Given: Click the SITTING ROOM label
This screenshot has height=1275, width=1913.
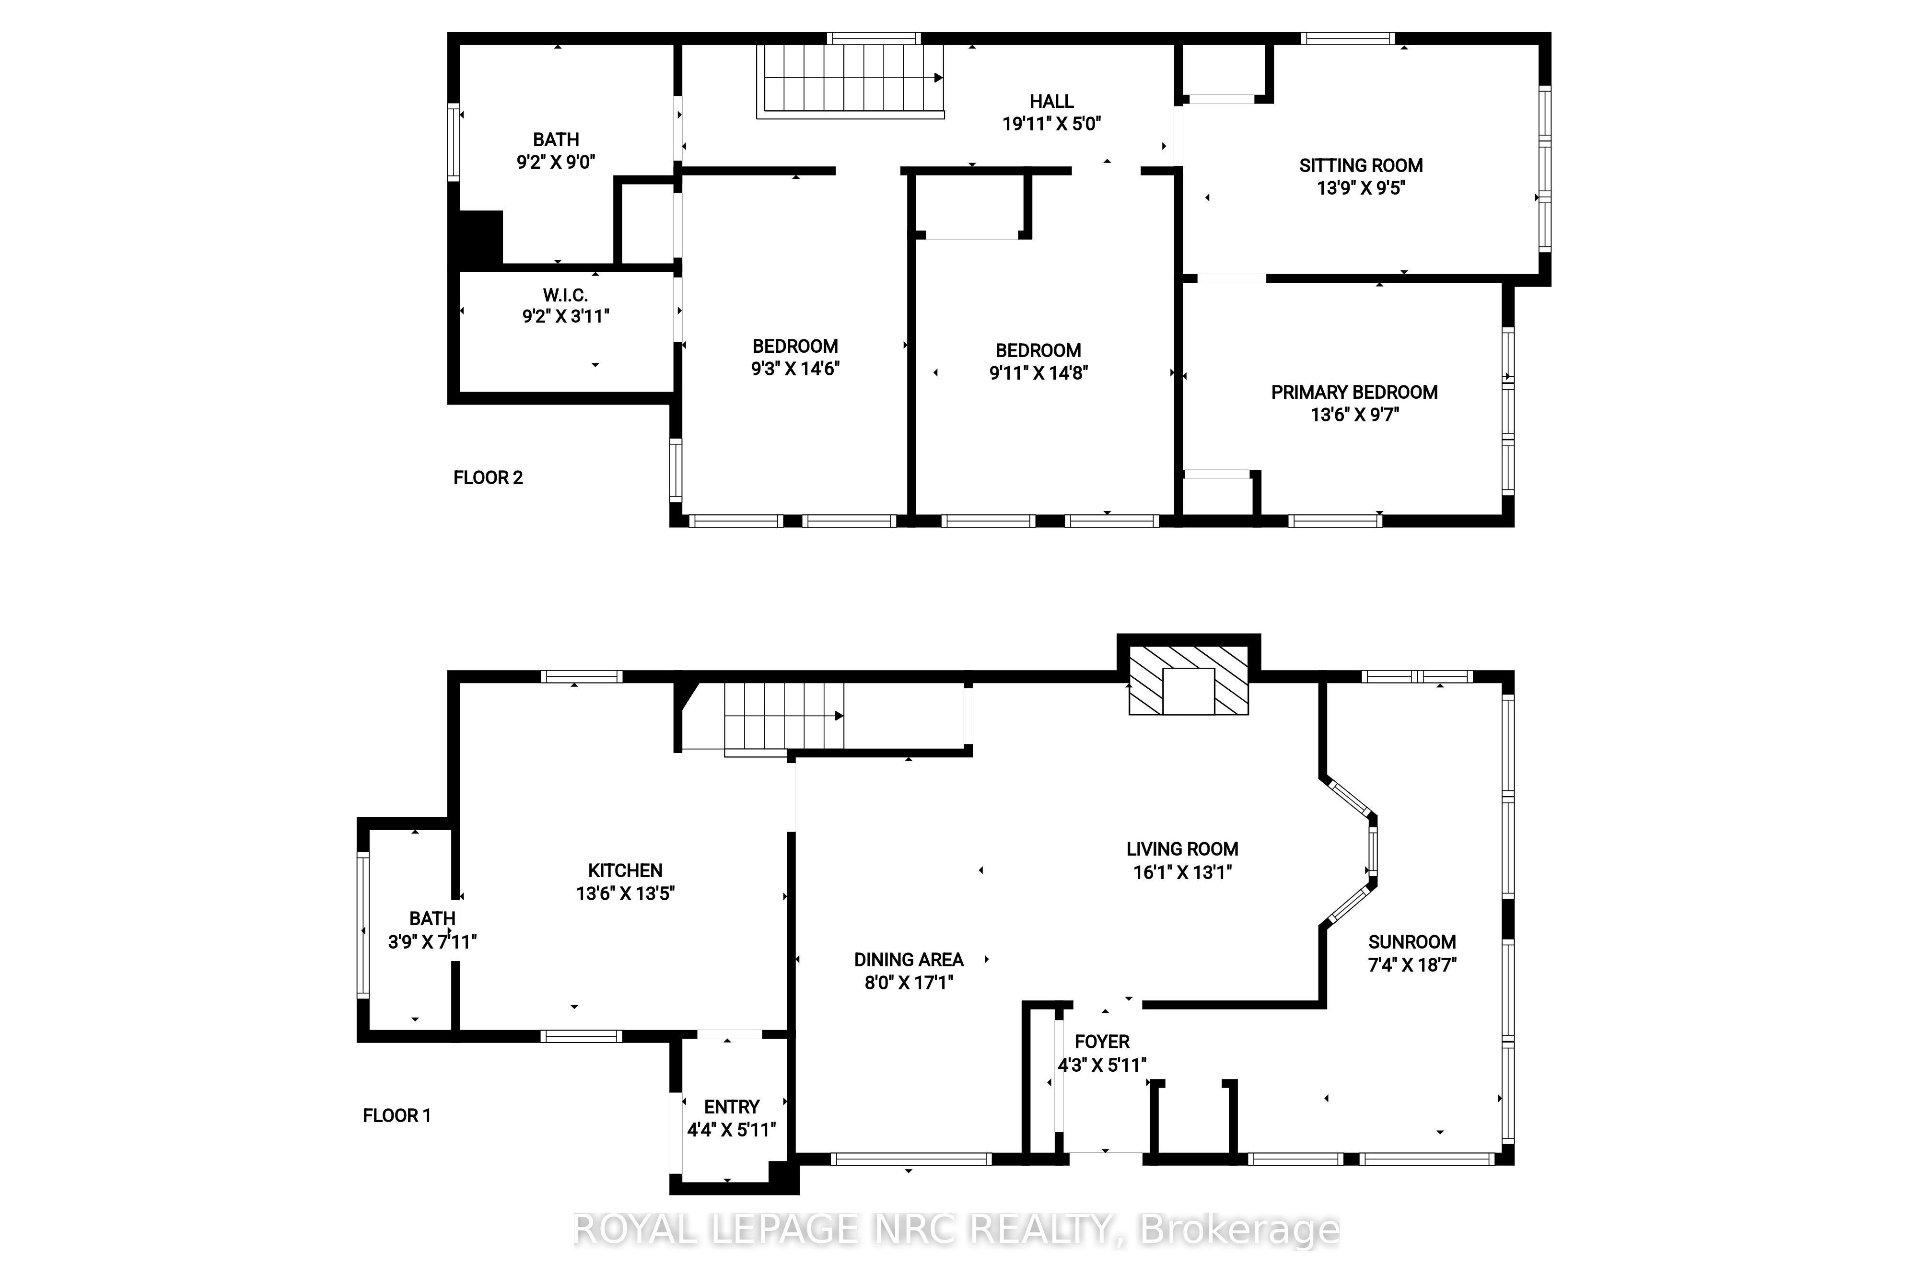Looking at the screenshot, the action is click(x=1361, y=166).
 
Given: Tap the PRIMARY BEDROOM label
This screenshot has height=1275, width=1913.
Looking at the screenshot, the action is click(x=1354, y=393).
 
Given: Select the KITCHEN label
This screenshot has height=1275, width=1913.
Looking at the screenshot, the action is click(x=626, y=871).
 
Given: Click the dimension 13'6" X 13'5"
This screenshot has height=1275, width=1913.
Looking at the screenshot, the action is click(x=626, y=893).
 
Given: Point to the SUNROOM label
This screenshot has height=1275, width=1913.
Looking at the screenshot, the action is click(x=1412, y=942).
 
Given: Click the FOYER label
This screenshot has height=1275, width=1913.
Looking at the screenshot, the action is click(x=1102, y=1043).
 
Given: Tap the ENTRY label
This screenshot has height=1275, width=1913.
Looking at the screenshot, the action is click(x=732, y=1108).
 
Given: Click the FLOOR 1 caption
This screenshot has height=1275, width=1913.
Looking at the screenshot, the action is click(x=397, y=1116).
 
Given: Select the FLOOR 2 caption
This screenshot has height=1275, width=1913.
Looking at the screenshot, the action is click(x=488, y=478).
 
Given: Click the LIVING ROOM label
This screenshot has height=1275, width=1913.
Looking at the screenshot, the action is click(x=1183, y=850).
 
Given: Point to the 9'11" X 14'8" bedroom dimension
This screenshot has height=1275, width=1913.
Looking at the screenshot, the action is click(x=1038, y=373).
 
